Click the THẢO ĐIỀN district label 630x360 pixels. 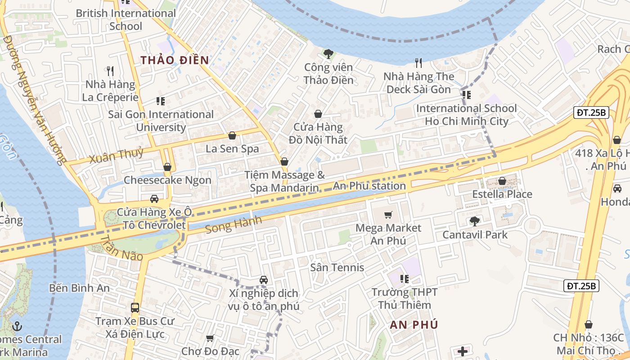[175, 60]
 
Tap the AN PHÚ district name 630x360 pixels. [414, 325]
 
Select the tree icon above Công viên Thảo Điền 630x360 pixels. [328, 54]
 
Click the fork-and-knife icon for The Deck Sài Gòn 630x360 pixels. [418, 63]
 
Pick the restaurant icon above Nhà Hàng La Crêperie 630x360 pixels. [110, 71]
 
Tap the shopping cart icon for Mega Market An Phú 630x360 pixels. [388, 215]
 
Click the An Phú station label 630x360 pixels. [369, 186]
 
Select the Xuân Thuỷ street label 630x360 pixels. [116, 154]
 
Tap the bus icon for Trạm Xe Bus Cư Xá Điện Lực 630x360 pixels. [135, 308]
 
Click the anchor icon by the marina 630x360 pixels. [18, 326]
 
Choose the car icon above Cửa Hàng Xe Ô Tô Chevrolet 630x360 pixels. [154, 198]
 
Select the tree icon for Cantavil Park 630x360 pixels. [474, 221]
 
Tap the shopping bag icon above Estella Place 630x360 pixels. [502, 181]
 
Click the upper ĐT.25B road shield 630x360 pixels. [591, 112]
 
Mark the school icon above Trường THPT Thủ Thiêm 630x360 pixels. [404, 279]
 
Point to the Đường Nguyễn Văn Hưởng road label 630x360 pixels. [33, 99]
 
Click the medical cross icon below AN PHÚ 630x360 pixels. [463, 351]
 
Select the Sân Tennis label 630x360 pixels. [337, 267]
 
